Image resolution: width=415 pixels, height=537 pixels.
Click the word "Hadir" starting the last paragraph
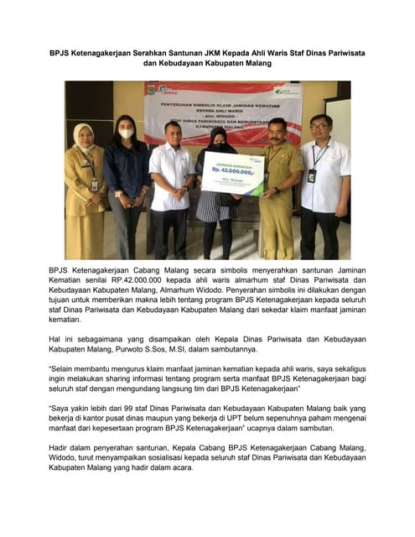click(x=61, y=446)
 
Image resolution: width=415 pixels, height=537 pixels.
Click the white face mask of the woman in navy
click(x=127, y=133)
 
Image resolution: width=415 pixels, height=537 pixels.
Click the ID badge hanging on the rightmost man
click(x=311, y=175)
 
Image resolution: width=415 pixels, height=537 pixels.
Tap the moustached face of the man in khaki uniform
click(x=277, y=130)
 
